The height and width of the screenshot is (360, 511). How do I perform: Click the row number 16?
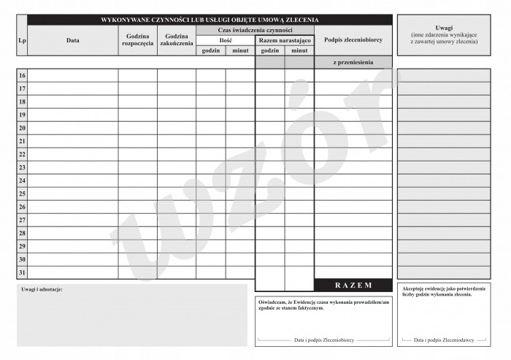click(x=22, y=76)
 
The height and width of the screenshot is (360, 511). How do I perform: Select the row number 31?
click(x=22, y=273)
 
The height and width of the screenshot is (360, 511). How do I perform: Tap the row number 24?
click(x=22, y=180)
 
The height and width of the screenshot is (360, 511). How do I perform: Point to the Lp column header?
click(x=22, y=40)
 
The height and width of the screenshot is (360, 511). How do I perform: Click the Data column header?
click(x=72, y=40)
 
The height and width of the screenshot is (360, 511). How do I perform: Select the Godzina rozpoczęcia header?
click(x=137, y=40)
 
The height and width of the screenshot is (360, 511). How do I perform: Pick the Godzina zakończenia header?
click(x=176, y=40)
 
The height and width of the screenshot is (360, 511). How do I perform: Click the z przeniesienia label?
click(x=353, y=63)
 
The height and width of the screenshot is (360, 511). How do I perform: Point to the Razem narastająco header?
click(x=284, y=40)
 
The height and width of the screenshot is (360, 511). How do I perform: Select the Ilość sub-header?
click(x=226, y=40)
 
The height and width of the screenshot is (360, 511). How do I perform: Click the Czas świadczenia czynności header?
click(x=255, y=30)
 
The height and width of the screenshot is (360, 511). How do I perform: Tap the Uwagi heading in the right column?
click(x=443, y=27)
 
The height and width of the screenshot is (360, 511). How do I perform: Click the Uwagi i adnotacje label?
click(x=42, y=290)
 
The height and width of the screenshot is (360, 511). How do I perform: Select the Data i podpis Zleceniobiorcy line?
click(x=323, y=340)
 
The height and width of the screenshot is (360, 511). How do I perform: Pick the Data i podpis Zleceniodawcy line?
click(x=443, y=340)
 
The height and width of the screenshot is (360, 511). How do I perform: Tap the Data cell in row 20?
click(x=72, y=129)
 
